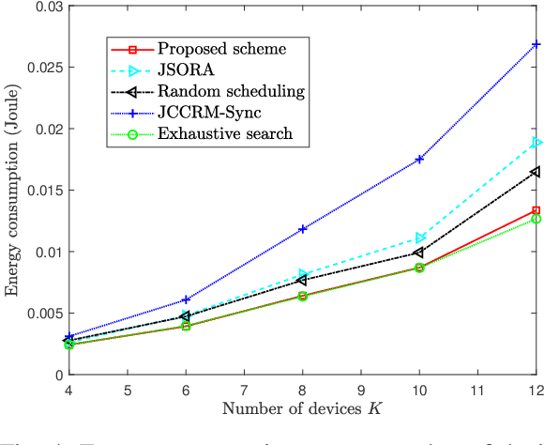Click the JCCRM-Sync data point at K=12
pos(536,44)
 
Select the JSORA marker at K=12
pos(536,143)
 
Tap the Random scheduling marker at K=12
pos(536,172)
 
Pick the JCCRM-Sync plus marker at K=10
pos(418,160)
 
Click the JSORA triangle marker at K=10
pos(418,238)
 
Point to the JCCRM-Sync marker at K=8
pos(302,229)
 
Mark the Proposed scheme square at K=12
pos(536,210)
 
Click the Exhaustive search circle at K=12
pos(536,219)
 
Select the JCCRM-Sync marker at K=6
pos(185,299)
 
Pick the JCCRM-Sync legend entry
pos(203,112)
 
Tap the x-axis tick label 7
pos(243,389)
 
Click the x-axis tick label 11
pos(476,389)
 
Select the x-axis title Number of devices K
pos(301,408)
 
